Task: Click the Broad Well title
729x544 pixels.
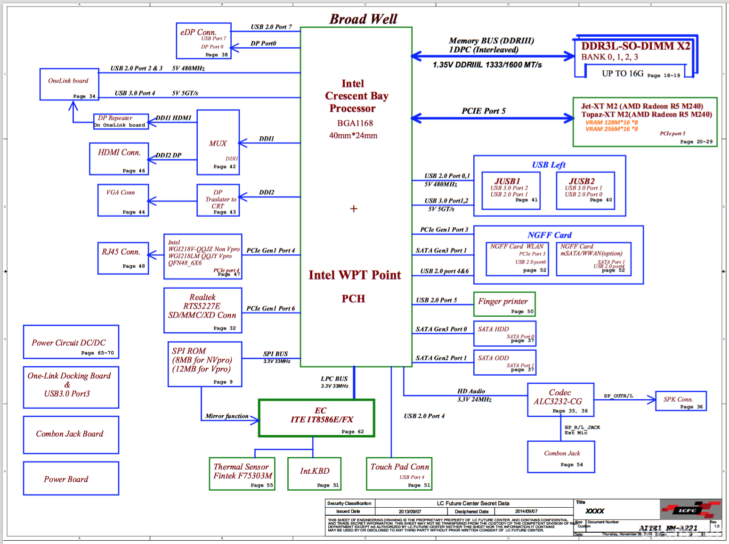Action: point(363,19)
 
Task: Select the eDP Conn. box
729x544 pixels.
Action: point(203,41)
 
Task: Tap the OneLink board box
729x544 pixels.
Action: point(69,84)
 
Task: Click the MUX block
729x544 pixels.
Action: point(218,142)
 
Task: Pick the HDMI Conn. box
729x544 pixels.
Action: point(119,159)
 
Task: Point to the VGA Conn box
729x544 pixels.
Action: point(123,200)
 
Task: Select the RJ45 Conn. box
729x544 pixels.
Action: point(123,258)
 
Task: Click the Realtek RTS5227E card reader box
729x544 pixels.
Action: point(202,310)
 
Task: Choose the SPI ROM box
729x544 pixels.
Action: point(205,364)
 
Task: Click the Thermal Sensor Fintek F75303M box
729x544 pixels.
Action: point(242,474)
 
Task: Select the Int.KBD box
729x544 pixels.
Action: point(314,474)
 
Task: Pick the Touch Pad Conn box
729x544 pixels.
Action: point(399,474)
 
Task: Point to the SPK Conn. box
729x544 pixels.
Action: point(680,401)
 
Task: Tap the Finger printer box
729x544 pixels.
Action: point(504,304)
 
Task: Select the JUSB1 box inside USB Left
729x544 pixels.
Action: point(511,190)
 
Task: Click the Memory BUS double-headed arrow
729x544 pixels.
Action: point(492,57)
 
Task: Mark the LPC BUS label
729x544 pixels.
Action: point(334,379)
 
